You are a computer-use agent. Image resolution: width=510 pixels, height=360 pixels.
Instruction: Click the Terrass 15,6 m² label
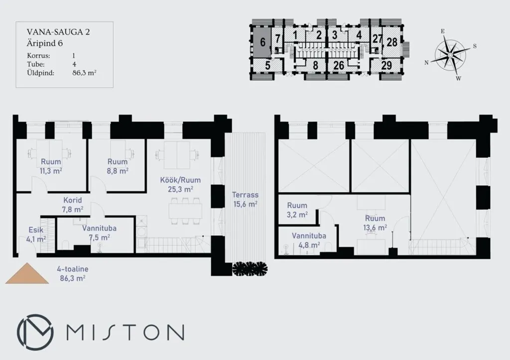point(245,199)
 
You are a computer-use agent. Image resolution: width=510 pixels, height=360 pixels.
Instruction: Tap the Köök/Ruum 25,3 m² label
point(180,184)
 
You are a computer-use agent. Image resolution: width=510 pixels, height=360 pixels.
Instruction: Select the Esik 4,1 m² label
point(36,235)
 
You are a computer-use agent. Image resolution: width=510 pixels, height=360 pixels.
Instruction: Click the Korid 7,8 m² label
point(73,205)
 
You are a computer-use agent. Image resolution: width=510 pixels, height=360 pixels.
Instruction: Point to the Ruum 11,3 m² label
point(51,166)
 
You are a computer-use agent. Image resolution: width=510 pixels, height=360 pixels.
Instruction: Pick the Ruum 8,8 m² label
point(118,166)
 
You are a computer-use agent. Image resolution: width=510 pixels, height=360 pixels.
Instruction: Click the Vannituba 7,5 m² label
point(99,233)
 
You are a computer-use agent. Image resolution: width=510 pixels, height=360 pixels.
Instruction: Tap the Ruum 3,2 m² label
point(297,210)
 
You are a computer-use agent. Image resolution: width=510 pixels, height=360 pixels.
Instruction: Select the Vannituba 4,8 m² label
point(309,240)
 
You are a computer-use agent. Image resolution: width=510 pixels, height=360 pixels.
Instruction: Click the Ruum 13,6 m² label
point(375,223)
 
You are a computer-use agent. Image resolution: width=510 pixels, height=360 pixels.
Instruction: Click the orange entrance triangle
point(27,273)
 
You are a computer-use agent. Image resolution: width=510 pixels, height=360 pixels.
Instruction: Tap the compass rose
point(450,56)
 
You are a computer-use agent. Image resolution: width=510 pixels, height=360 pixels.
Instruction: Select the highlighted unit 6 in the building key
point(262,42)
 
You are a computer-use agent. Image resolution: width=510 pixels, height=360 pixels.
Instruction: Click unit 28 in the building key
point(392,42)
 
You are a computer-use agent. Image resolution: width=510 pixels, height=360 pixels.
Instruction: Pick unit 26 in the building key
point(339,65)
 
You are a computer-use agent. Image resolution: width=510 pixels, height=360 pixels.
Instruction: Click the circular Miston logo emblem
point(35,332)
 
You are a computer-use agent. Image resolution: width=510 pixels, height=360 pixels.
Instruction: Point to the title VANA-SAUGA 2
point(58,32)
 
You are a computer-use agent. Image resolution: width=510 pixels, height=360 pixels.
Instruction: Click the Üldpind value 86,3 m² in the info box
point(84,73)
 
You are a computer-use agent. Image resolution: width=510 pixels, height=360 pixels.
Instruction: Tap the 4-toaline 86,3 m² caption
point(73,273)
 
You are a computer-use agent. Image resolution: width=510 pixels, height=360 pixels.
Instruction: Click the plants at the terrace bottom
point(250,268)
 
